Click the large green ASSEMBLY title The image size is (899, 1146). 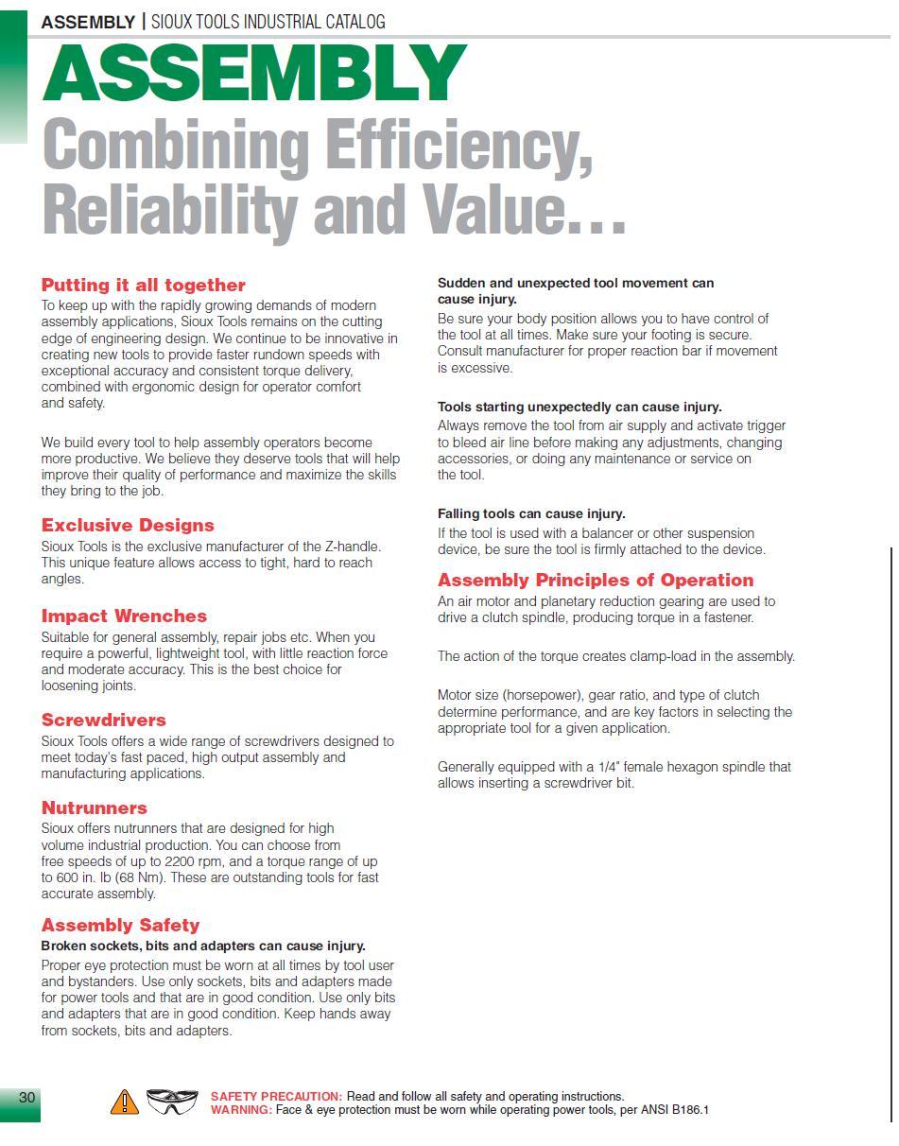(x=253, y=74)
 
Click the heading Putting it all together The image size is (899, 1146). (x=143, y=285)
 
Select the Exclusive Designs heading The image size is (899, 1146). (x=128, y=525)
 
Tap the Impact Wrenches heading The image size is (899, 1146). (x=124, y=616)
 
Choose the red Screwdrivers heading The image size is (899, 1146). (x=103, y=720)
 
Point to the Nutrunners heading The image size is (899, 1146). (x=94, y=807)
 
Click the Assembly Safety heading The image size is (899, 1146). (x=120, y=925)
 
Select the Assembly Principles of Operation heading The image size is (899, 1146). (x=596, y=580)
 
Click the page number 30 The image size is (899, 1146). (x=26, y=1097)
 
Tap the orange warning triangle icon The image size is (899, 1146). (x=125, y=1102)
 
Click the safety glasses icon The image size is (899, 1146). (x=172, y=1102)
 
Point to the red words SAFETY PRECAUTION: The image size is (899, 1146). (x=276, y=1097)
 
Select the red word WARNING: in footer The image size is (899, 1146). (x=241, y=1110)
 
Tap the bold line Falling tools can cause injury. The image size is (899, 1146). (x=531, y=513)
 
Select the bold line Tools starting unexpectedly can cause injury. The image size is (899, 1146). (x=579, y=407)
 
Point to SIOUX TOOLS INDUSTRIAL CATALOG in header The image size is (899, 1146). (x=268, y=22)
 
